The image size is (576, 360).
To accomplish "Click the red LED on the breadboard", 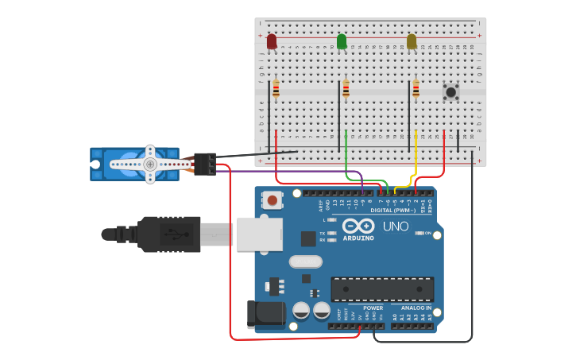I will (272, 41).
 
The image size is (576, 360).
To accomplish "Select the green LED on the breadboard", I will (342, 41).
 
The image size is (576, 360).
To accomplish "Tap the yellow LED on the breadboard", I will (412, 41).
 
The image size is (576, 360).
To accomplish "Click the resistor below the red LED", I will (276, 89).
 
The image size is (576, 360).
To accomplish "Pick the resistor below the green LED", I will (346, 89).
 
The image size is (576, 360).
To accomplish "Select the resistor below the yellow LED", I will (416, 89).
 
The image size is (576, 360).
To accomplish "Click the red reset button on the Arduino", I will (273, 200).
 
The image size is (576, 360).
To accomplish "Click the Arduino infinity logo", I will (358, 226).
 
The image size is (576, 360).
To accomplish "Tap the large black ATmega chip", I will (382, 289).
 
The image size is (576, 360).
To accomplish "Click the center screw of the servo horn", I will (149, 165).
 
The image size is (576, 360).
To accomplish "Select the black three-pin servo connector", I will (205, 164).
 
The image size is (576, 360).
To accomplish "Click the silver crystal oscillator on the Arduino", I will (305, 261).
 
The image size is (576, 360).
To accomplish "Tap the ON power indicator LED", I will (420, 233).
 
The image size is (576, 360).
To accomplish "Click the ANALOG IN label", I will (416, 308).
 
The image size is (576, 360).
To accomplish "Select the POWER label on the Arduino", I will (373, 308).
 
